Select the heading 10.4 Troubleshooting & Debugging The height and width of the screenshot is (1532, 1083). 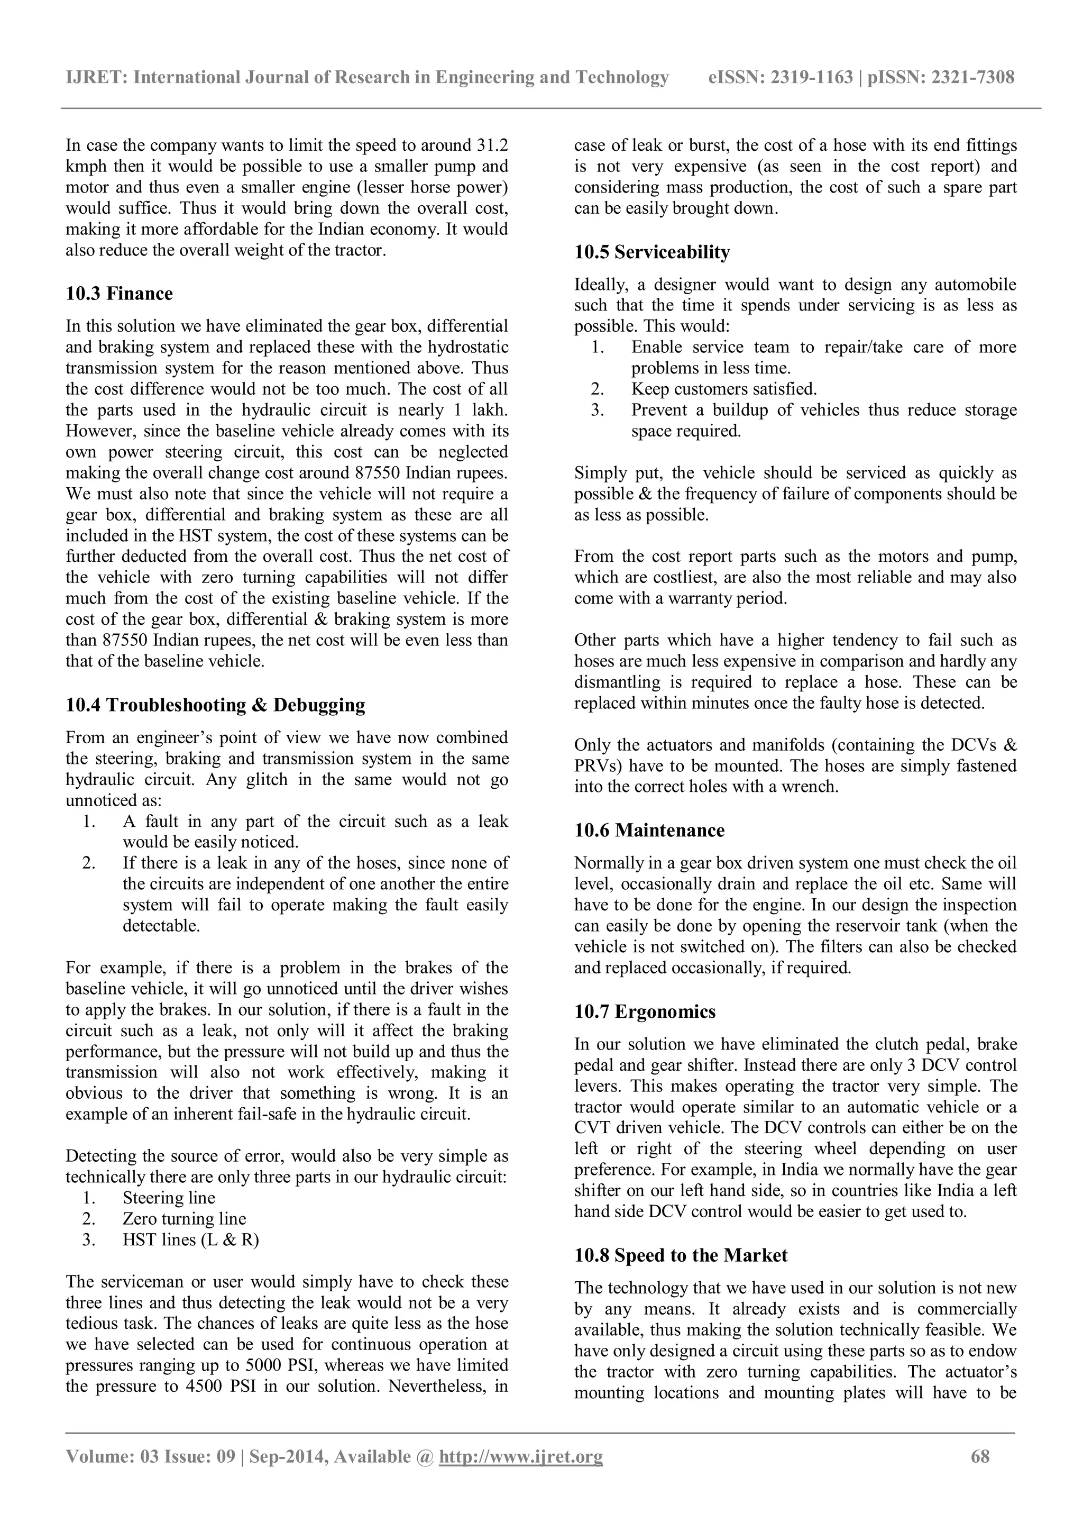click(215, 705)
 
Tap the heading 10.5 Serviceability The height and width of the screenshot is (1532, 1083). click(651, 252)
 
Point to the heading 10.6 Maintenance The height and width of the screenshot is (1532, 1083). click(649, 830)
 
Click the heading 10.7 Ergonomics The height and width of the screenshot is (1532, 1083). click(644, 1011)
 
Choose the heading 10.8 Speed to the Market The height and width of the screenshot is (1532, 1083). click(680, 1256)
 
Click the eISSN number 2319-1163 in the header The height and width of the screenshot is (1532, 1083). click(812, 77)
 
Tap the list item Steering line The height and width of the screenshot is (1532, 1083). click(169, 1198)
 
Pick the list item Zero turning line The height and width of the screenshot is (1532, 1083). click(184, 1219)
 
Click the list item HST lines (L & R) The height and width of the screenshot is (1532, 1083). click(191, 1240)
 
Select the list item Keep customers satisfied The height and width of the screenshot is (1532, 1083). click(723, 389)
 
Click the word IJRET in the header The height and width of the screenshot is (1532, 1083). click(95, 77)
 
